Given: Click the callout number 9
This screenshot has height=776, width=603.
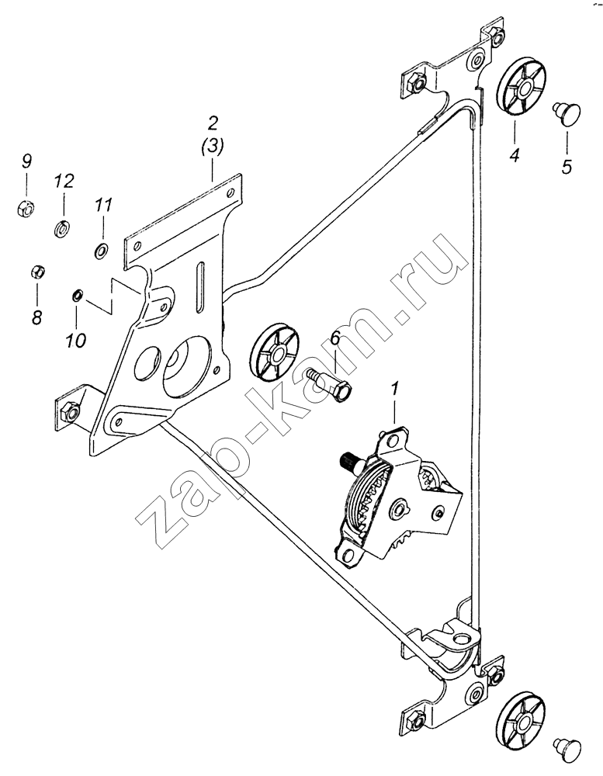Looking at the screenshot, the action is click(26, 161).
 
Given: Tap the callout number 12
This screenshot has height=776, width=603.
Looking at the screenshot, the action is click(64, 181).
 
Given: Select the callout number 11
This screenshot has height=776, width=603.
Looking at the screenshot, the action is click(104, 205).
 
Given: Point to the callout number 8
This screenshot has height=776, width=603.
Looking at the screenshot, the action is click(36, 317).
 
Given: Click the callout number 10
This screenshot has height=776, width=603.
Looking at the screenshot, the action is click(77, 341).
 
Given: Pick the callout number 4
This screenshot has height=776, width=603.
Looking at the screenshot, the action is click(515, 155).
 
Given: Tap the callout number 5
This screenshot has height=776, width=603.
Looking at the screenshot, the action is click(567, 167).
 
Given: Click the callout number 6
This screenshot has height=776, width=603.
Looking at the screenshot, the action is click(335, 338).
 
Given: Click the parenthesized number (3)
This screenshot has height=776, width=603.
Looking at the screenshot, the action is click(213, 146).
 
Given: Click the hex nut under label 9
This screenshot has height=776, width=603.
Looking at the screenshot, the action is click(25, 208).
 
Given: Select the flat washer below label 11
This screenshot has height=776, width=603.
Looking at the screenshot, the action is click(101, 251).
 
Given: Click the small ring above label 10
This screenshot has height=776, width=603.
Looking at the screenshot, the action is click(78, 295).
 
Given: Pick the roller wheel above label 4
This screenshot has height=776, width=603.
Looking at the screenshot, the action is click(521, 89).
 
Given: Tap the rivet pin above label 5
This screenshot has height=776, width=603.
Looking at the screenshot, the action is click(567, 113).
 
